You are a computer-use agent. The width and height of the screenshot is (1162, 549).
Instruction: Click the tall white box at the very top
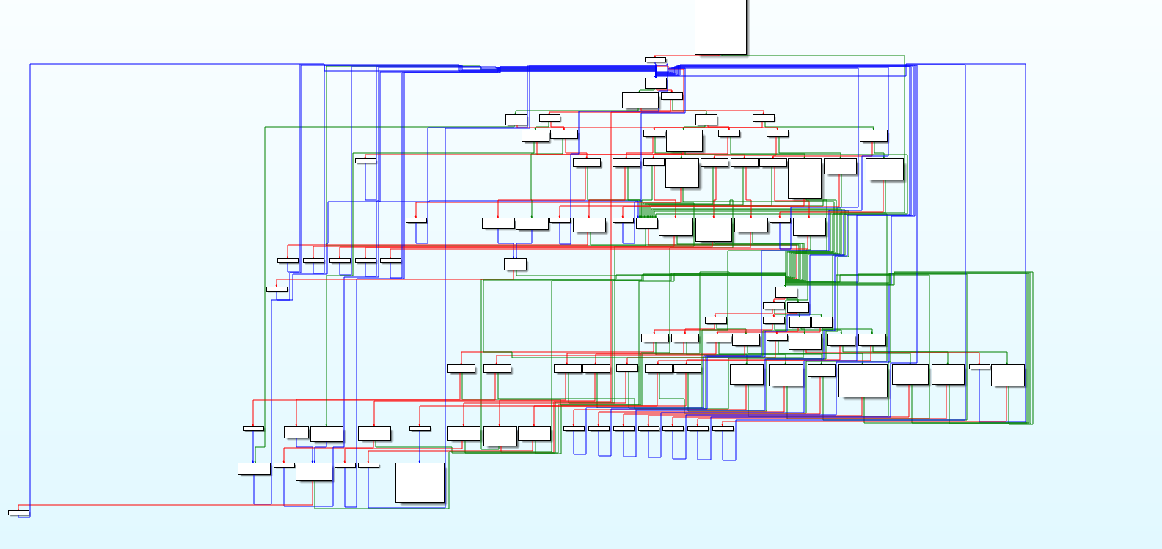pyautogui.click(x=720, y=26)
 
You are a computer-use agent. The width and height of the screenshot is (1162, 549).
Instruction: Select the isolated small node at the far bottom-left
pyautogui.click(x=19, y=512)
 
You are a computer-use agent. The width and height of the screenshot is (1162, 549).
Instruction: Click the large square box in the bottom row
pyautogui.click(x=420, y=482)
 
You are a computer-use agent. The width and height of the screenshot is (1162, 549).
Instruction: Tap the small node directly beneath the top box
pyautogui.click(x=655, y=59)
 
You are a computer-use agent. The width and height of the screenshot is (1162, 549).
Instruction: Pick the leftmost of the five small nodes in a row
pyautogui.click(x=288, y=260)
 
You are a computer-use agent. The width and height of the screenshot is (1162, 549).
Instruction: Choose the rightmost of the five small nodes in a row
pyautogui.click(x=390, y=260)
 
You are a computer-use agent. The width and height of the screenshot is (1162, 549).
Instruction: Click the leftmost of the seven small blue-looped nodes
pyautogui.click(x=574, y=428)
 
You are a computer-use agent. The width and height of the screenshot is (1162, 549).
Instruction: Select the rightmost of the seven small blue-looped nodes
pyautogui.click(x=723, y=428)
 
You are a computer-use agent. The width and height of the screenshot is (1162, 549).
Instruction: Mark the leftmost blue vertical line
pyautogui.click(x=30, y=293)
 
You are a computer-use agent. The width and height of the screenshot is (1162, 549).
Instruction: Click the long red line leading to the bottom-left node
pyautogui.click(x=147, y=504)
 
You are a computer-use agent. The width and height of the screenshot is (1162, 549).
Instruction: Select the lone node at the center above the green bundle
pyautogui.click(x=515, y=264)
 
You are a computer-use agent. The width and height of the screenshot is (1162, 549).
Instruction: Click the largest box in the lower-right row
pyautogui.click(x=863, y=380)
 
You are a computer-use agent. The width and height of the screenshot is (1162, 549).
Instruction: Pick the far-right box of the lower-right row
pyautogui.click(x=1007, y=375)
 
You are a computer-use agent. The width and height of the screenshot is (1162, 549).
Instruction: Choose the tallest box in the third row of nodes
pyautogui.click(x=804, y=178)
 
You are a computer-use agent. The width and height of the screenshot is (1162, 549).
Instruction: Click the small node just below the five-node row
pyautogui.click(x=277, y=289)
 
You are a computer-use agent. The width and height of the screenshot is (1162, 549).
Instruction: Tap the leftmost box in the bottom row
pyautogui.click(x=254, y=468)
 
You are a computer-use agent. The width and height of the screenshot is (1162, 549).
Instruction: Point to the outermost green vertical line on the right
pyautogui.click(x=1033, y=348)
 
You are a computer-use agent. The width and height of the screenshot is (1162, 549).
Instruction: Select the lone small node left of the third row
pyautogui.click(x=365, y=161)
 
